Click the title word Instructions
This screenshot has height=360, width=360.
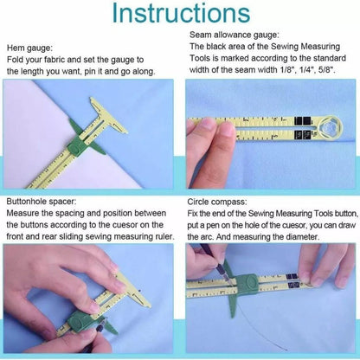click(x=179, y=15)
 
